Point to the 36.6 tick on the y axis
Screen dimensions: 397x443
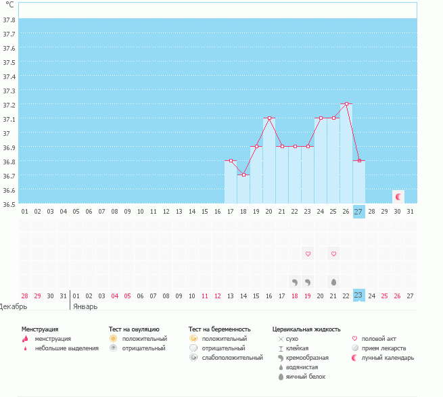[9, 190]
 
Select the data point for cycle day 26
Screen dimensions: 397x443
[346, 104]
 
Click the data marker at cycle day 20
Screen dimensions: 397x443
[269, 118]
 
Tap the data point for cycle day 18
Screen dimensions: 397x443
[243, 174]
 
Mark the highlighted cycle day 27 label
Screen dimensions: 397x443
[358, 212]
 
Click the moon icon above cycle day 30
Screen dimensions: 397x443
[398, 197]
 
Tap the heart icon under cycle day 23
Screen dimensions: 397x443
[308, 254]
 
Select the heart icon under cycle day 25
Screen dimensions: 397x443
[333, 254]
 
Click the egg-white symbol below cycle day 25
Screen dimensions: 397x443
[333, 281]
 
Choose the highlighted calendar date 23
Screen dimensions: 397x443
[358, 296]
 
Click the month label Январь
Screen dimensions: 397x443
[85, 306]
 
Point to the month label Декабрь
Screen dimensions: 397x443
[14, 306]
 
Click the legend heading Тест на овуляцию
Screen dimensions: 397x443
[134, 329]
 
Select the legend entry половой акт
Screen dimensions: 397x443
[379, 338]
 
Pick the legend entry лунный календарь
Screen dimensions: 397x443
[387, 358]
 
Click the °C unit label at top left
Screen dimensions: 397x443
[9, 5]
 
